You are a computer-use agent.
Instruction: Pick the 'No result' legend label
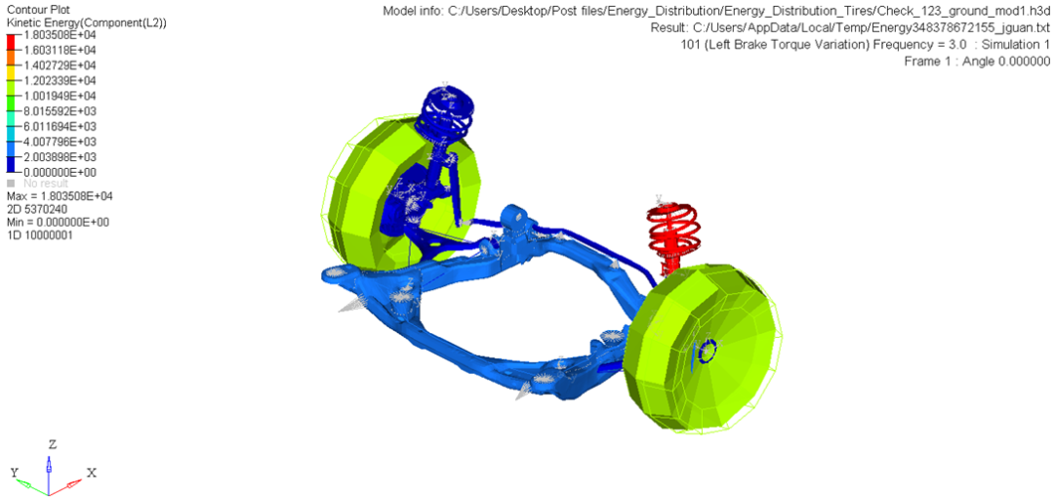pos(47,184)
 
